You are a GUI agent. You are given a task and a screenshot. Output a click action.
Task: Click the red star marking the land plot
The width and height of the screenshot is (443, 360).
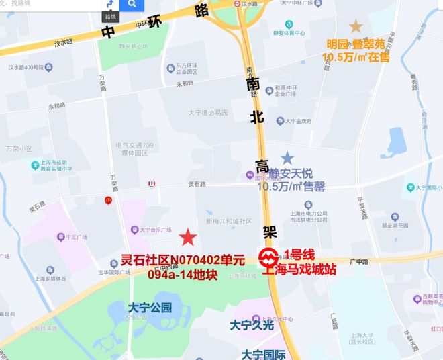[x=189, y=237]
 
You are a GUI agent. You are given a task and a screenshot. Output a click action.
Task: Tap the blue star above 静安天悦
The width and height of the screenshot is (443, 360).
[x=287, y=159]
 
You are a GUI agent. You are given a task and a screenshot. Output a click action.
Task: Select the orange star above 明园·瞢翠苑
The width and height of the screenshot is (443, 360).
[x=356, y=26]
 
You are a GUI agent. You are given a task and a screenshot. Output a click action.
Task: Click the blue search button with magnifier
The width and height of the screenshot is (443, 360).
[x=132, y=5]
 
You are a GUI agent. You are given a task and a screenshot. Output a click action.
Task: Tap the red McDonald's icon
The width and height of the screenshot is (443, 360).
[x=107, y=199]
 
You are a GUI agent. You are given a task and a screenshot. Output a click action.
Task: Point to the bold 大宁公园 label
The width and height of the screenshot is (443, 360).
[x=150, y=308]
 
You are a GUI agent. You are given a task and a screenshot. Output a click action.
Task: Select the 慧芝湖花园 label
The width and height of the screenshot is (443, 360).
[x=395, y=226]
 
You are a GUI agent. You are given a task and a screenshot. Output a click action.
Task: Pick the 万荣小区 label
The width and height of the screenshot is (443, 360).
[x=19, y=149]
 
